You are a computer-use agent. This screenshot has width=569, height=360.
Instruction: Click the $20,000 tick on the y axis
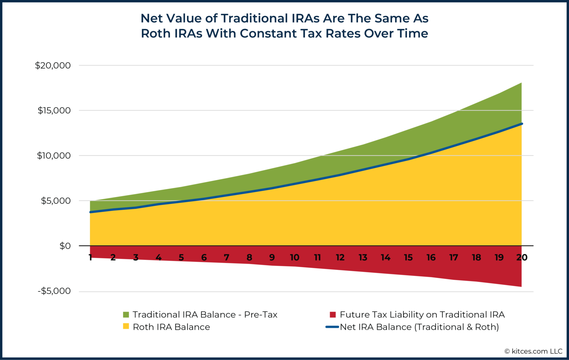tap(53, 66)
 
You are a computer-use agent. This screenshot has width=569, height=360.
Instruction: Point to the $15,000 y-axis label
tap(54, 111)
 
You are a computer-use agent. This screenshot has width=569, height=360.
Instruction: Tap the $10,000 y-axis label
tap(53, 156)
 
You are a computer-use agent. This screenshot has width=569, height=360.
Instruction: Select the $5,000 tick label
tap(56, 201)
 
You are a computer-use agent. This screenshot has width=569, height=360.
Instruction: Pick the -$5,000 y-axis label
tap(54, 291)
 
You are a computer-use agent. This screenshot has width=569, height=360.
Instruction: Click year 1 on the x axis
tap(90, 257)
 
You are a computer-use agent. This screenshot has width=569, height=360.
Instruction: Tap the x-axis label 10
tap(295, 257)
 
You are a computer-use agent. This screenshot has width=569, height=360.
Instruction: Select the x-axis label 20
tap(522, 257)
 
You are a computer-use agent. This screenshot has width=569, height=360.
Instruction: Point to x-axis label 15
tap(408, 257)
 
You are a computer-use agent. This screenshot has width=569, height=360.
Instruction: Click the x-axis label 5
tap(181, 257)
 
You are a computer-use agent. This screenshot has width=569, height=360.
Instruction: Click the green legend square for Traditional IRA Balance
tap(126, 314)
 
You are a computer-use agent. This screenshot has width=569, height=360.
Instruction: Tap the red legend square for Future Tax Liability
tap(333, 314)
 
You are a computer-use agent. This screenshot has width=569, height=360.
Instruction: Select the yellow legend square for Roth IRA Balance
tap(126, 327)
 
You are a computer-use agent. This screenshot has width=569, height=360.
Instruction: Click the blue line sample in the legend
tap(332, 327)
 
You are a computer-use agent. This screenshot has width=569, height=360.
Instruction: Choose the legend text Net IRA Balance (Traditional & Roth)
tap(419, 327)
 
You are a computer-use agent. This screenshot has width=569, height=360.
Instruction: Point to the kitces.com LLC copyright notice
tap(533, 351)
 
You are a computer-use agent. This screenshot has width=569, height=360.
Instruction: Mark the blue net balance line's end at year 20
tap(522, 124)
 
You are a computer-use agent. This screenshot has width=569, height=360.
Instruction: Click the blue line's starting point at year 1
tap(90, 212)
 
